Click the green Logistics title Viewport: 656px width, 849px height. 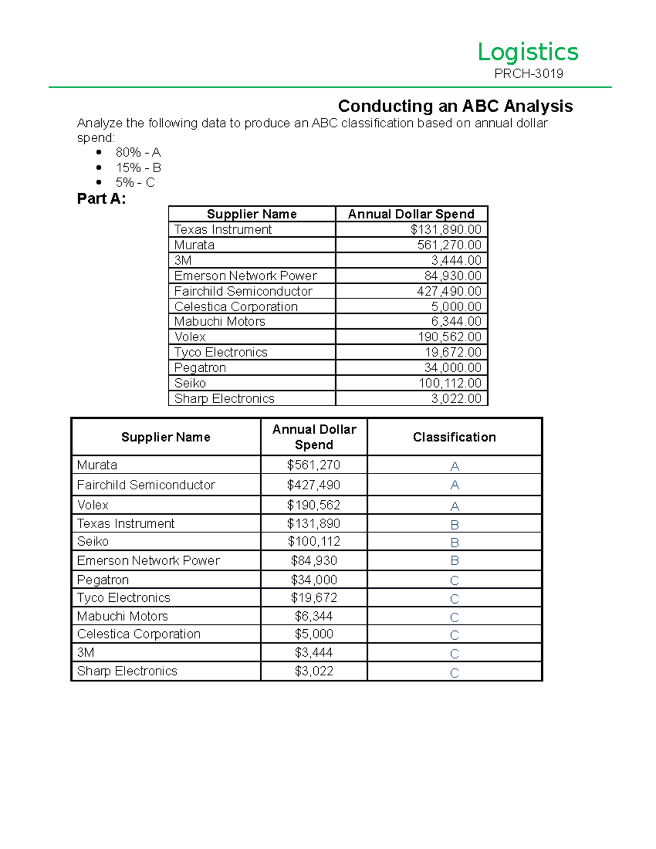click(x=528, y=52)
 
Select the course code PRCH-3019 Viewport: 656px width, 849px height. click(x=529, y=74)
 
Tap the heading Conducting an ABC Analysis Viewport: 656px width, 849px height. click(x=455, y=106)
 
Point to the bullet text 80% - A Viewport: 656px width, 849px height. click(x=138, y=153)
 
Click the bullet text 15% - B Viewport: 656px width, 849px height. click(x=138, y=168)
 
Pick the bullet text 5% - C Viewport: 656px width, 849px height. click(x=135, y=183)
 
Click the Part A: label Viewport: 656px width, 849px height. click(x=102, y=199)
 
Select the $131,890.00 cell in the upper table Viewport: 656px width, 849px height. click(x=446, y=230)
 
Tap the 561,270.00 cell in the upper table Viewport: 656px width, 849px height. click(x=449, y=245)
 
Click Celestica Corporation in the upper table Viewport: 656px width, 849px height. click(x=236, y=307)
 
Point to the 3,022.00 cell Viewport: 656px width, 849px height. click(x=456, y=399)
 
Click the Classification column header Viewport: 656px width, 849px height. click(x=454, y=437)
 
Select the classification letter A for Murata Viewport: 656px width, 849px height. click(x=454, y=466)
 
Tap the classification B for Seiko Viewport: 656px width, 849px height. click(x=454, y=542)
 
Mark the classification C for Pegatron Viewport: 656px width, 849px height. click(x=454, y=581)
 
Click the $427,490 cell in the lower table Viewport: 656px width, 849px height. click(x=314, y=485)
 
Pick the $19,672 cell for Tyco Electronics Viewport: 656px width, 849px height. click(x=314, y=598)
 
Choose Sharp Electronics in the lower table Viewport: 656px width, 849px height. click(x=127, y=671)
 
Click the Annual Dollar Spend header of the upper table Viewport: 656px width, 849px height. click(x=411, y=214)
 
